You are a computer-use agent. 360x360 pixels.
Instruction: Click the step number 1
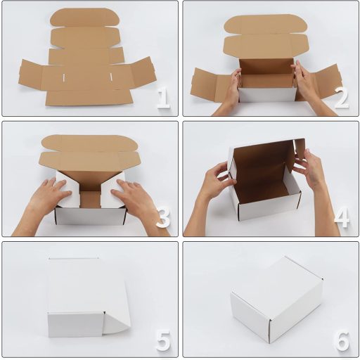click(x=163, y=98)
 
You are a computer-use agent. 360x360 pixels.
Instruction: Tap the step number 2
click(x=342, y=98)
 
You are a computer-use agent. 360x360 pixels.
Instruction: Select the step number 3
click(x=163, y=218)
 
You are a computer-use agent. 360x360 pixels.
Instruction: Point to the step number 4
click(x=342, y=218)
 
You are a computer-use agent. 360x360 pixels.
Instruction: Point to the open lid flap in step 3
click(x=89, y=151)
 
